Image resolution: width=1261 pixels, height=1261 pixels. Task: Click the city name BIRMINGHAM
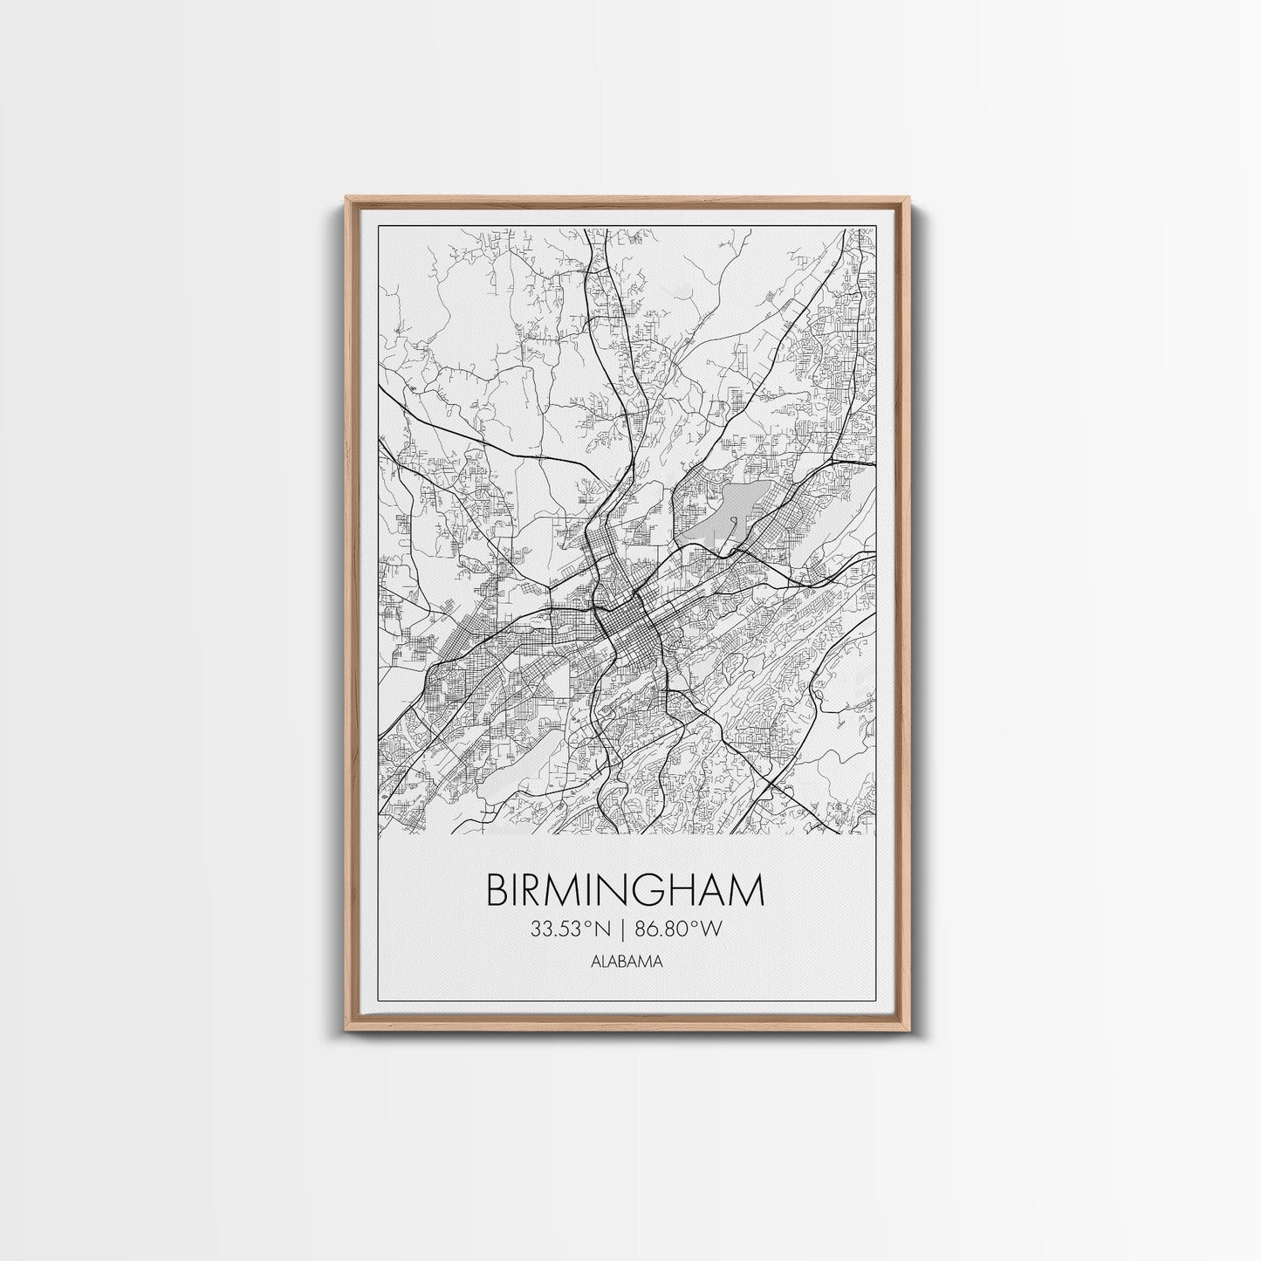point(625,891)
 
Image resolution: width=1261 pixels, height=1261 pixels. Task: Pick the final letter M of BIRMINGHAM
point(748,891)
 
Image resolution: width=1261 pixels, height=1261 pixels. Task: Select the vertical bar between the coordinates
point(625,930)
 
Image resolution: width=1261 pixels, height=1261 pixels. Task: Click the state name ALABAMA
point(625,963)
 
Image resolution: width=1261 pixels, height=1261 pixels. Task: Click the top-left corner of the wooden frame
point(345,198)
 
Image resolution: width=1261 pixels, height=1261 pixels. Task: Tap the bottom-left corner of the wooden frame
point(345,1036)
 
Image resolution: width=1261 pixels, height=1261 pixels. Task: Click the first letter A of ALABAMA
point(594,963)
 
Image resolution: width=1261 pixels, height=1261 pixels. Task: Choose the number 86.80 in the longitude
point(668,930)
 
